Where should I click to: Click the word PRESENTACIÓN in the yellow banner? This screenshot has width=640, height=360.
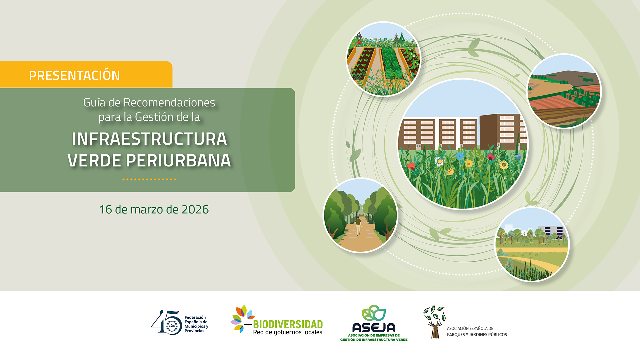(x=74, y=75)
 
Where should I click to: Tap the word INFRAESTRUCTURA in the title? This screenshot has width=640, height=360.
(x=149, y=139)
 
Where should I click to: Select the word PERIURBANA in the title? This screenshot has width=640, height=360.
(x=178, y=161)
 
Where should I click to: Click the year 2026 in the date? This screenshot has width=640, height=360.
(x=195, y=209)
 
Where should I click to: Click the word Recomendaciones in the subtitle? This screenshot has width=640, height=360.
(x=169, y=102)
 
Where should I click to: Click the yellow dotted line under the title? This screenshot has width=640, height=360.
(x=149, y=179)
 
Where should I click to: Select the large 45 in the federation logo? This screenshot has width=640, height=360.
(x=166, y=322)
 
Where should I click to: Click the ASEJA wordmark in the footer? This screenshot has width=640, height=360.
(x=374, y=328)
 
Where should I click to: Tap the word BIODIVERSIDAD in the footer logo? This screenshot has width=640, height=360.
(x=288, y=324)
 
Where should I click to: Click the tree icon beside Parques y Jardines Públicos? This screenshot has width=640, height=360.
(x=434, y=322)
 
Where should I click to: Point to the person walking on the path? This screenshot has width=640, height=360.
(x=358, y=225)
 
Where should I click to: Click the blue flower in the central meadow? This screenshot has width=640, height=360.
(x=460, y=156)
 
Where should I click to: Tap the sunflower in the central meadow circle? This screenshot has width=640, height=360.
(x=504, y=165)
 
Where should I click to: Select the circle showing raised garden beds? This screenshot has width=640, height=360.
(x=383, y=59)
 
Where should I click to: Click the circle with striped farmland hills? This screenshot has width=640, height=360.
(x=564, y=91)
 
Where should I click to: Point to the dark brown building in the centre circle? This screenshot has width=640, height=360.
(x=500, y=131)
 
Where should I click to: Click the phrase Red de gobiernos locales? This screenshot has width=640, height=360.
(x=288, y=332)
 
